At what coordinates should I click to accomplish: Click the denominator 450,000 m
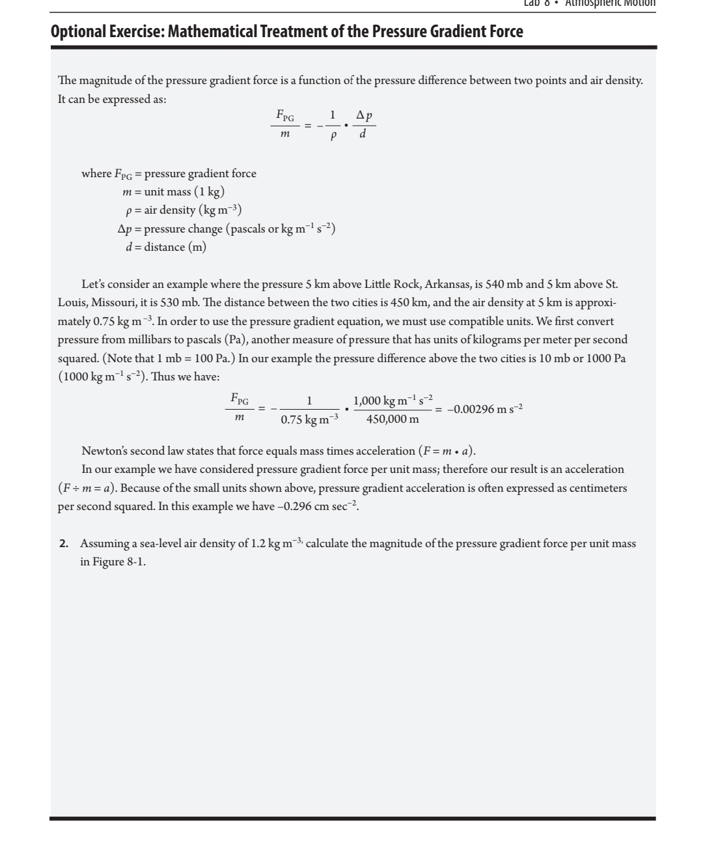[x=393, y=419]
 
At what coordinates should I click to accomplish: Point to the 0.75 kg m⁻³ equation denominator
[x=310, y=420]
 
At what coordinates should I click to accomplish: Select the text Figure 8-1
[x=118, y=561]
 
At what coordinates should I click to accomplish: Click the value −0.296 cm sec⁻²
[x=319, y=506]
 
